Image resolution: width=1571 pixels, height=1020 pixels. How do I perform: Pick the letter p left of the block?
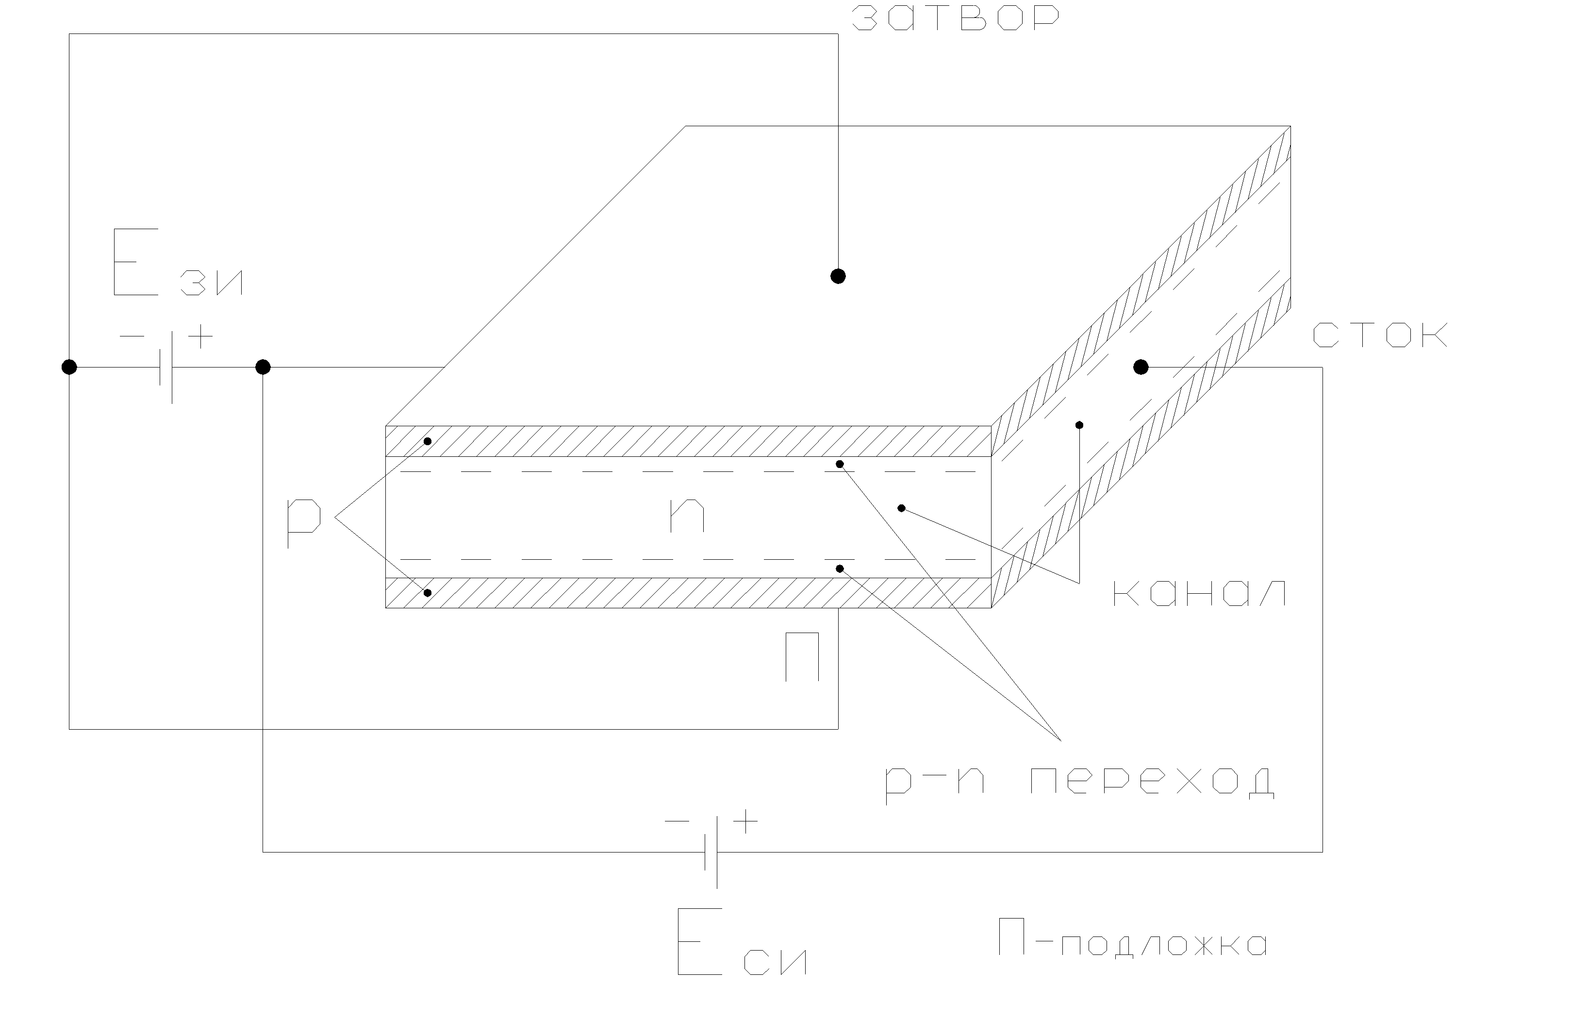click(303, 521)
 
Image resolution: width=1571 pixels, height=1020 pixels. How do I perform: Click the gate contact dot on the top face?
click(838, 276)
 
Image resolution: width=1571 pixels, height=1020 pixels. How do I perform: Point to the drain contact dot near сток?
click(1141, 367)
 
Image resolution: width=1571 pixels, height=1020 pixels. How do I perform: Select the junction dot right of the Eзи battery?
click(263, 367)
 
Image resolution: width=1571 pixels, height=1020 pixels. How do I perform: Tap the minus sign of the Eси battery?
click(676, 821)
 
